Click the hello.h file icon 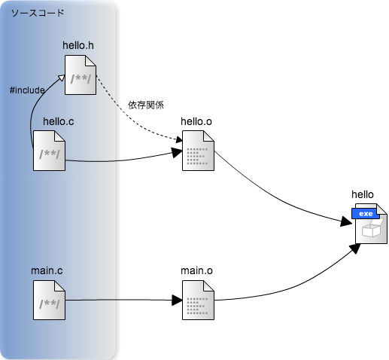81,75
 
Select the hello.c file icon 49,151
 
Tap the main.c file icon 49,301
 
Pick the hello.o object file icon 198,151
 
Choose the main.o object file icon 198,301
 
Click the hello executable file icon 371,224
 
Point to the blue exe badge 366,213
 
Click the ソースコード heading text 38,13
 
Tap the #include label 27,90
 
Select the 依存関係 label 146,105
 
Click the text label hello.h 78,45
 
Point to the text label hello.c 59,121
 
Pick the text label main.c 47,270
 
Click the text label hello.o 196,121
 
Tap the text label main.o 196,270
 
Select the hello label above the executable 363,194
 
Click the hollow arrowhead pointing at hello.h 61,78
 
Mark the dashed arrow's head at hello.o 179,139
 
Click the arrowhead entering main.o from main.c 177,300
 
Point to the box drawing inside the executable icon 372,229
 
